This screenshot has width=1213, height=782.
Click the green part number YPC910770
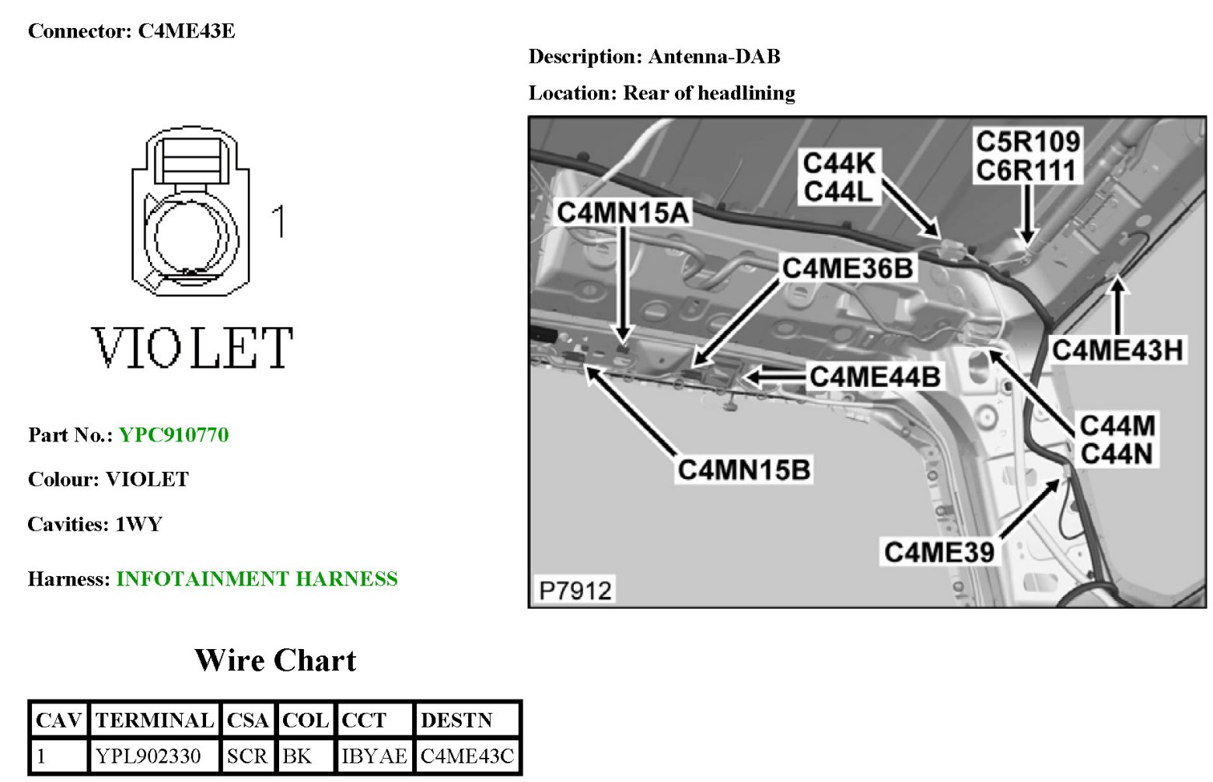point(173,435)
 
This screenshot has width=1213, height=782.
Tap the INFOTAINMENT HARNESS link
point(257,579)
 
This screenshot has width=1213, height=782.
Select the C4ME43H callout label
point(1117,351)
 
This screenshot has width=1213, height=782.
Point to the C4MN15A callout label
point(623,212)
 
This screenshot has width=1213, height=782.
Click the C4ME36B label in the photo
point(847,268)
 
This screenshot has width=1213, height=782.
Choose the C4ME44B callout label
point(874,377)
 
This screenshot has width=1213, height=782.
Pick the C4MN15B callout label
point(743,470)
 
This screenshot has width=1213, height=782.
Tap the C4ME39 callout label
point(939,552)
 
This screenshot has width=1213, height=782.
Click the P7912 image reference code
point(575,591)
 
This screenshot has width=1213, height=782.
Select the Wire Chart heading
point(275,661)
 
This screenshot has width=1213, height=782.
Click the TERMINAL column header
point(154,721)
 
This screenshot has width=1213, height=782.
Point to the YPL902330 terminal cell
point(148,756)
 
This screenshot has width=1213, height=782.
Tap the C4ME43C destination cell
point(467,756)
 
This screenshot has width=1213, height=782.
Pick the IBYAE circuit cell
point(374,756)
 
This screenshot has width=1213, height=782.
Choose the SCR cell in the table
point(246,756)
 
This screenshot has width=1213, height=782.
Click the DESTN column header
point(456,721)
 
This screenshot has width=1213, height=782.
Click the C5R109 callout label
point(1027,141)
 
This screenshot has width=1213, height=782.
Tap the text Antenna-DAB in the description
point(714,57)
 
